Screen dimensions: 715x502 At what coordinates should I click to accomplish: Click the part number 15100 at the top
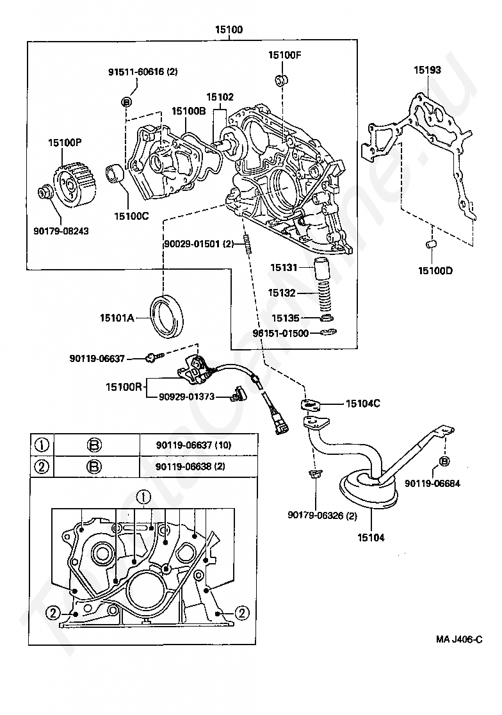click(229, 30)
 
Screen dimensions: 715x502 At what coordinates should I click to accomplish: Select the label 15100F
click(284, 55)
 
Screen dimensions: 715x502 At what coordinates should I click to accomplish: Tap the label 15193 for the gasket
click(426, 70)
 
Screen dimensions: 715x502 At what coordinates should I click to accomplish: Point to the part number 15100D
click(435, 271)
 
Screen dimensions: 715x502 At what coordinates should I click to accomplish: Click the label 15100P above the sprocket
click(65, 143)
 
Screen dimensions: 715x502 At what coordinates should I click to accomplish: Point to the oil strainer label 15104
click(371, 538)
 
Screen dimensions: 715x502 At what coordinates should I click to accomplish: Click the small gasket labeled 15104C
click(311, 405)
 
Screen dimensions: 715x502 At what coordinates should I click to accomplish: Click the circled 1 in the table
click(42, 445)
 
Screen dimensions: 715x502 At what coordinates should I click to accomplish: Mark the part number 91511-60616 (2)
click(143, 72)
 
